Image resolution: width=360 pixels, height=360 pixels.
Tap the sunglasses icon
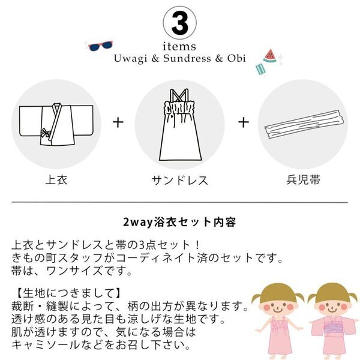100,45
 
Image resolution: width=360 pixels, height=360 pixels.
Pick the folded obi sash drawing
302,124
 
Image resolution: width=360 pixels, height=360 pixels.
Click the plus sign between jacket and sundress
119,122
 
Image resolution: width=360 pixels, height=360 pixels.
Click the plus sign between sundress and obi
242,122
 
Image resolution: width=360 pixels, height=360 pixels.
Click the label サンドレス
179,179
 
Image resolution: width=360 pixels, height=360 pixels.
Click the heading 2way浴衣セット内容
179,222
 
